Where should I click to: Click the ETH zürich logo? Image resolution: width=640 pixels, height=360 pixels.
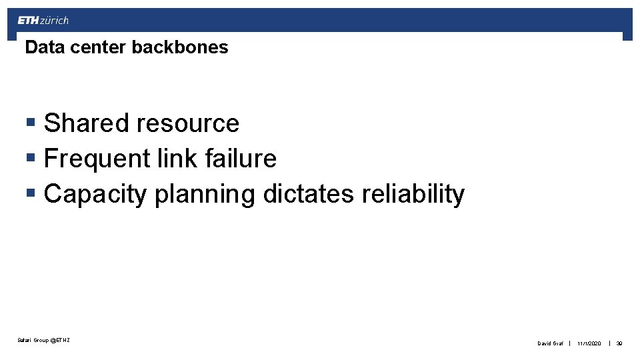click(43, 21)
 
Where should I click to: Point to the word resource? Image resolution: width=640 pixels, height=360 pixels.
click(187, 123)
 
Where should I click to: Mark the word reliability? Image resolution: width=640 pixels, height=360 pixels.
click(413, 194)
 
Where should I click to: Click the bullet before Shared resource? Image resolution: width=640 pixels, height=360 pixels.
click(30, 123)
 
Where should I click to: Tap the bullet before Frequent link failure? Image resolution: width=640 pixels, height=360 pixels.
click(30, 159)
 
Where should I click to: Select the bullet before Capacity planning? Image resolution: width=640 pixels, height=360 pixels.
click(30, 194)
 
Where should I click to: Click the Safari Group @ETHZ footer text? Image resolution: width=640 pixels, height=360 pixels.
click(44, 341)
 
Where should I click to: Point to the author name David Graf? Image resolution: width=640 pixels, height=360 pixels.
click(551, 343)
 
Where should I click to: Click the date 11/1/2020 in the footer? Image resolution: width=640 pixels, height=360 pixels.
click(589, 343)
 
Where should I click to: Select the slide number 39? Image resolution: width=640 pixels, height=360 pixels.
click(619, 343)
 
